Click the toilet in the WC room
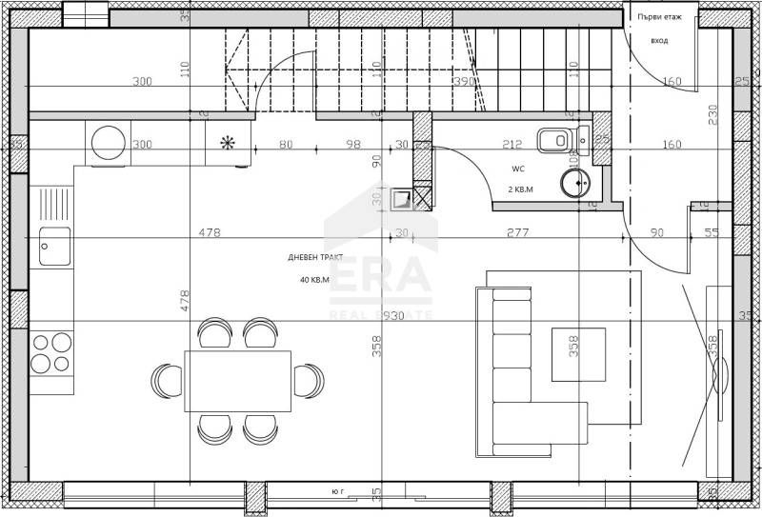[x=554, y=141]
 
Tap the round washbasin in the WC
[x=574, y=182]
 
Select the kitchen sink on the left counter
[x=53, y=246]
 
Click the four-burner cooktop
[x=52, y=351]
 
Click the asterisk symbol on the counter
[x=228, y=144]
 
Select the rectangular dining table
[x=238, y=381]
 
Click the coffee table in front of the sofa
[x=578, y=353]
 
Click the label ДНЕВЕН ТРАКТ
[x=314, y=258]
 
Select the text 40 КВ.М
[x=314, y=280]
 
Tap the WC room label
[x=518, y=169]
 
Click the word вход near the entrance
[x=659, y=42]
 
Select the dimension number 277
[x=518, y=232]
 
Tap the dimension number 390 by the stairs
[x=464, y=82]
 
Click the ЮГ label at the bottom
[x=338, y=491]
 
